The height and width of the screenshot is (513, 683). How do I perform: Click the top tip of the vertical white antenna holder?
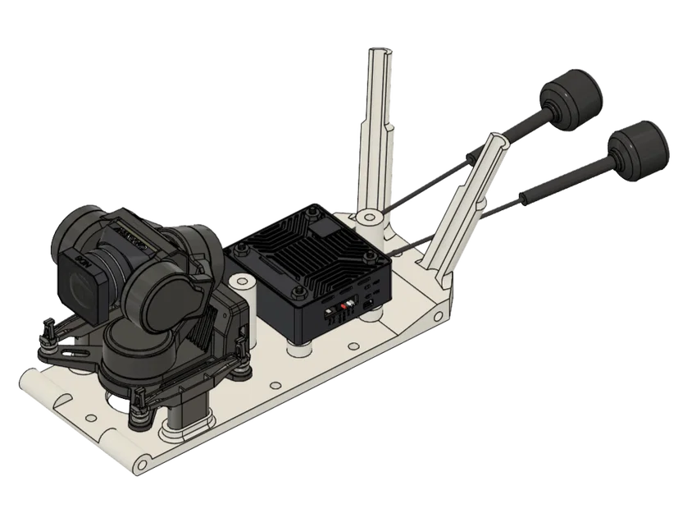[x=380, y=51]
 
